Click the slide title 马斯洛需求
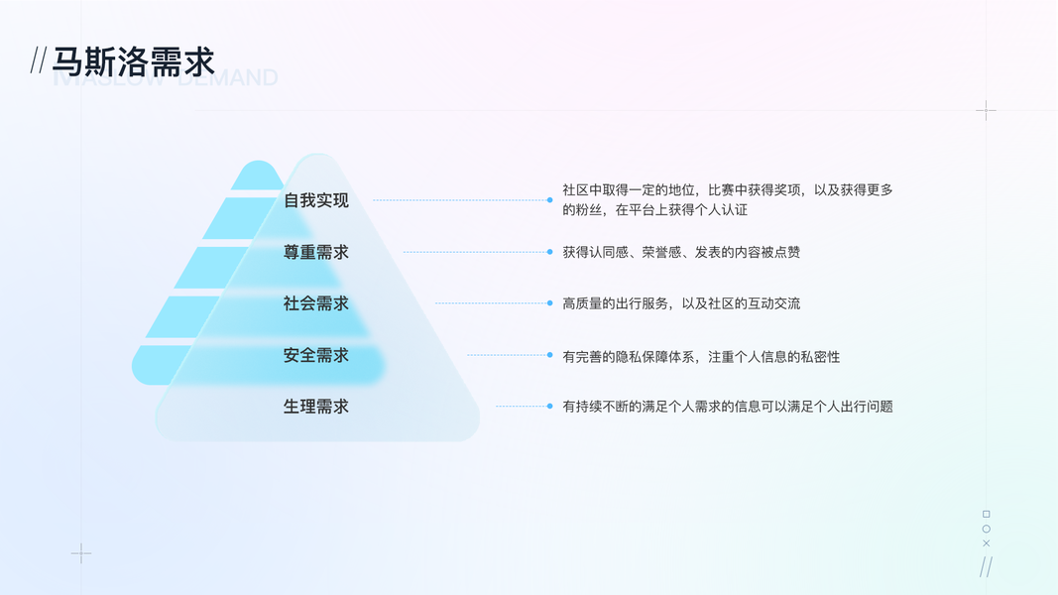[x=133, y=61]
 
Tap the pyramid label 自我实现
[x=316, y=200]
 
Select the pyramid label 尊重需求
[x=316, y=252]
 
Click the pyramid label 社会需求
[x=316, y=303]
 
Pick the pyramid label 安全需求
[x=316, y=355]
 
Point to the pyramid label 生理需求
[x=316, y=407]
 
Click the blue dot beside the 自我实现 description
[x=550, y=200]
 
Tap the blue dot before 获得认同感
[x=550, y=252]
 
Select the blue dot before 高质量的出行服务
[x=550, y=303]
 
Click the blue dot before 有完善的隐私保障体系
[x=550, y=355]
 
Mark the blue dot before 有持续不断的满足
[x=550, y=406]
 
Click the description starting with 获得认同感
[x=681, y=252]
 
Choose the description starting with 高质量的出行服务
[x=681, y=303]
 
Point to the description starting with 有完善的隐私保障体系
[x=701, y=356]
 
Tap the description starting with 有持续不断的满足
[x=728, y=407]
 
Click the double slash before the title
[x=39, y=61]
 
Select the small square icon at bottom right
[x=986, y=514]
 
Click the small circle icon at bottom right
[x=986, y=529]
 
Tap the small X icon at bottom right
[x=986, y=543]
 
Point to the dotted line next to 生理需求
[x=520, y=406]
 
